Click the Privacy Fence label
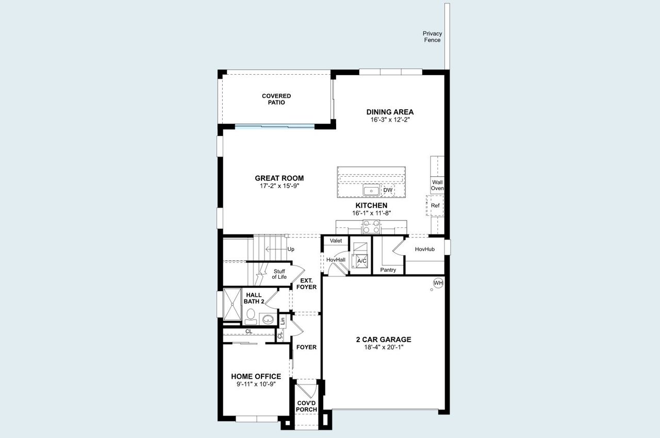click(432, 37)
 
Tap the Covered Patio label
click(276, 99)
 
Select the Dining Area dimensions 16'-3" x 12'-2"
click(390, 120)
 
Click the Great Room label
click(279, 178)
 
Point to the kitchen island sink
click(371, 191)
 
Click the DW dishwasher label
click(388, 190)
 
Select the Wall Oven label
click(437, 185)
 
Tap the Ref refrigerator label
click(435, 206)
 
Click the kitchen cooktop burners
click(372, 224)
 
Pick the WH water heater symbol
click(438, 283)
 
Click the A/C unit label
click(362, 261)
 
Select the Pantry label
click(388, 269)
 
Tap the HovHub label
click(425, 249)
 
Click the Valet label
click(336, 241)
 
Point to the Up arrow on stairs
click(276, 249)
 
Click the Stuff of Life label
click(279, 274)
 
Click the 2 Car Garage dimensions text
click(383, 347)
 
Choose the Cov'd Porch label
click(306, 406)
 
